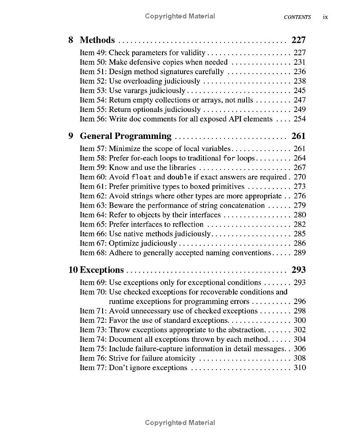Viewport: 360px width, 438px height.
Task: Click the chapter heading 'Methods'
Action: (x=97, y=40)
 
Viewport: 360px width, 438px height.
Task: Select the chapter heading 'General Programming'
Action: (x=126, y=136)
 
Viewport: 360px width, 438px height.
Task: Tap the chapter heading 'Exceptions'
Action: (x=102, y=270)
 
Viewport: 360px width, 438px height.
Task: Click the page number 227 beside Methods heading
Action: (x=298, y=40)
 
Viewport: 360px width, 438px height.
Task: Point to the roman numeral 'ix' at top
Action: (x=325, y=17)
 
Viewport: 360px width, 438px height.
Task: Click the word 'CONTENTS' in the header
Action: (x=297, y=17)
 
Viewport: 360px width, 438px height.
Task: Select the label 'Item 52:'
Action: (x=93, y=81)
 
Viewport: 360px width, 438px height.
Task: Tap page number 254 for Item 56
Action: (x=299, y=119)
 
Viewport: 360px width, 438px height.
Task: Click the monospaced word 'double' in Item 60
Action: (x=180, y=177)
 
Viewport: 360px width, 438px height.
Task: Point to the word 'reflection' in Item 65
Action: (x=187, y=224)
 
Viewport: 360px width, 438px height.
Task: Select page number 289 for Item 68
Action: (x=299, y=253)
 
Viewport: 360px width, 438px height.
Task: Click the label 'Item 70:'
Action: (x=93, y=292)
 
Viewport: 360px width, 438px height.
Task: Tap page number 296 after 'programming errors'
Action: (x=299, y=301)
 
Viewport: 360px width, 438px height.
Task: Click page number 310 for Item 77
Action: (x=299, y=367)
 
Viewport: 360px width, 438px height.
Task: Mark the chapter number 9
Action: (x=71, y=136)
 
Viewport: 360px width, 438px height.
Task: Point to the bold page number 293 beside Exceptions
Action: (x=298, y=270)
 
